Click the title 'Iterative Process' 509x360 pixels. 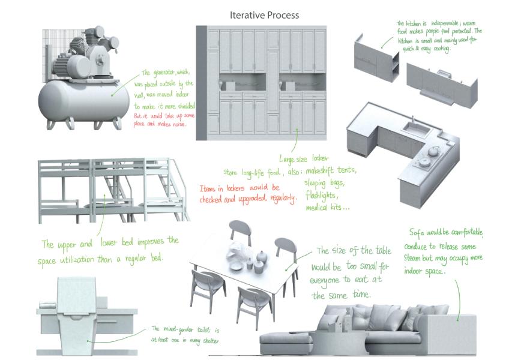pyautogui.click(x=264, y=15)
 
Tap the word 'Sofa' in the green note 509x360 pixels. pyautogui.click(x=418, y=232)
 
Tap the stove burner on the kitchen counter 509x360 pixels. pyautogui.click(x=424, y=160)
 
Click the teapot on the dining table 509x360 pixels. pyautogui.click(x=261, y=257)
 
